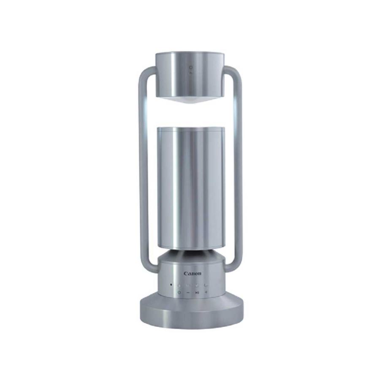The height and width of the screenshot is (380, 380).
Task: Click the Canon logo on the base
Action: pyautogui.click(x=192, y=274)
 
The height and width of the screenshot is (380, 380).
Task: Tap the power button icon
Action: pyautogui.click(x=179, y=292)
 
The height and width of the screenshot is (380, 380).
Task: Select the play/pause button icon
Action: pyautogui.click(x=197, y=293)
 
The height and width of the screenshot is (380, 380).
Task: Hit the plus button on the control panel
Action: pyautogui.click(x=206, y=292)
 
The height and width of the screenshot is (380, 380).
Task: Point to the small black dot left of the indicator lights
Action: pyautogui.click(x=171, y=285)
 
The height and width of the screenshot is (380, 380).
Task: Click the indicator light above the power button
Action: pyautogui.click(x=179, y=285)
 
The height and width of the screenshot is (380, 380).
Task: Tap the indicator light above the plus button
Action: pyautogui.click(x=206, y=285)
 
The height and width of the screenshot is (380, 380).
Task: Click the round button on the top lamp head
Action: pyautogui.click(x=191, y=67)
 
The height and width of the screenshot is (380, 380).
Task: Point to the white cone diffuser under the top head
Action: pyautogui.click(x=190, y=101)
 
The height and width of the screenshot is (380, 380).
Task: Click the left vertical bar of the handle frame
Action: pyautogui.click(x=143, y=170)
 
